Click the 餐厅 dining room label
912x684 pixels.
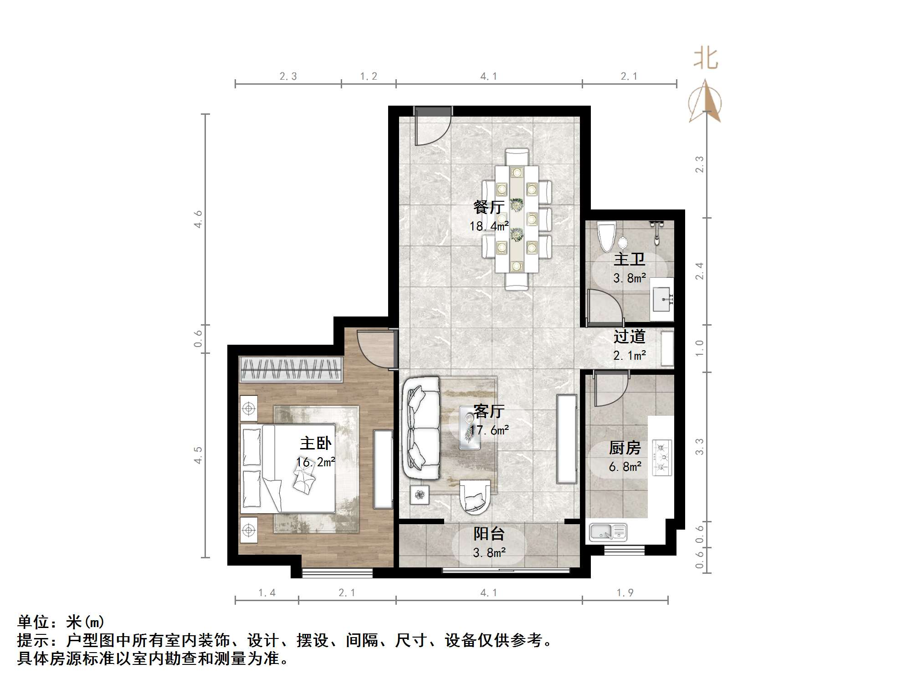(489, 208)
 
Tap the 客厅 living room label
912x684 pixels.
(489, 411)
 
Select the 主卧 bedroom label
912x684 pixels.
(316, 443)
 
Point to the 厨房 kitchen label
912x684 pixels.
(625, 448)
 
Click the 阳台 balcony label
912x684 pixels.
(489, 534)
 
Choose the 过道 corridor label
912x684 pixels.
(629, 337)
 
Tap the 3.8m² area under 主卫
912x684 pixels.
(629, 278)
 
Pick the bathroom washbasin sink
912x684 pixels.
(662, 299)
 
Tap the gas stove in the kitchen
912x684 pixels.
(662, 457)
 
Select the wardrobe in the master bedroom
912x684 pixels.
(291, 369)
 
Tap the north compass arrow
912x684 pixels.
(705, 102)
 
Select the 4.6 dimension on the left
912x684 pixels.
(198, 219)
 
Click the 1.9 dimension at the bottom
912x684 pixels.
(625, 592)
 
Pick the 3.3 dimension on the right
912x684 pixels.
(699, 447)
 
